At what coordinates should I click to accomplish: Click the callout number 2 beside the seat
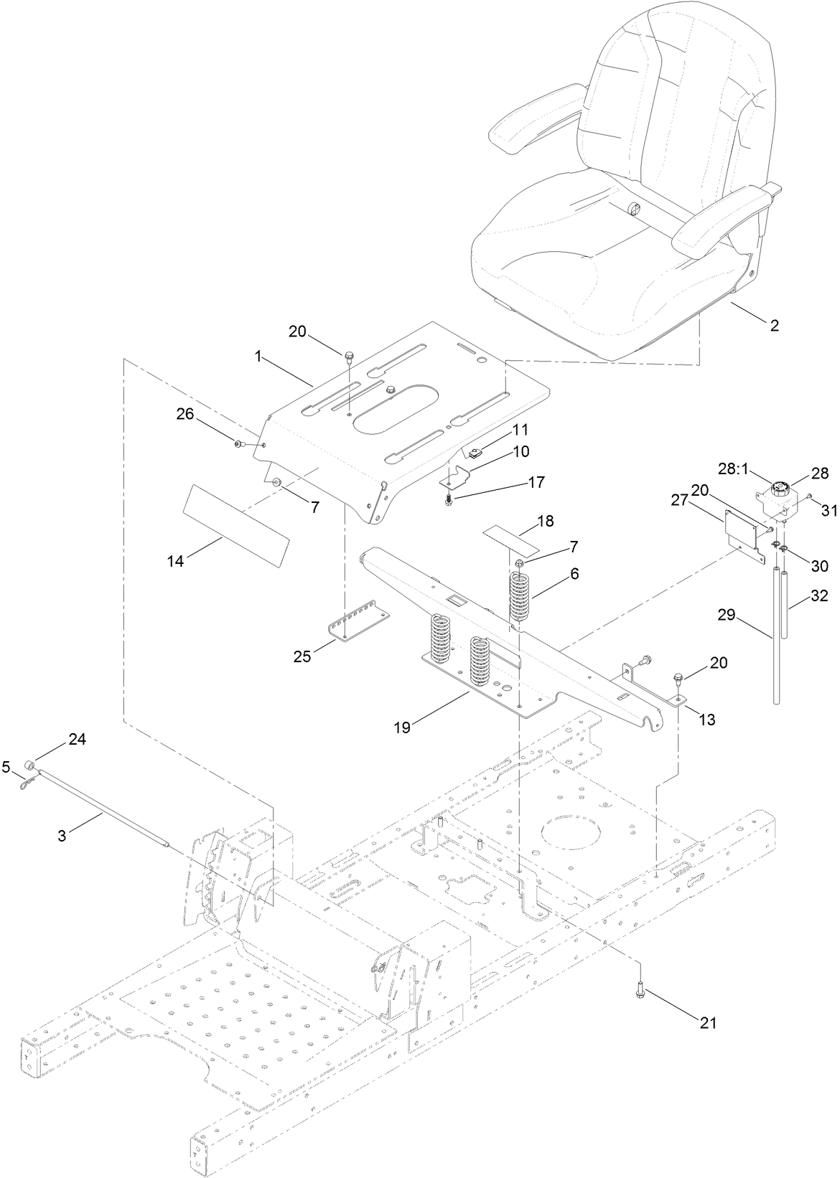pyautogui.click(x=774, y=325)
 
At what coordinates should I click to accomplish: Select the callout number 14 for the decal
pyautogui.click(x=176, y=561)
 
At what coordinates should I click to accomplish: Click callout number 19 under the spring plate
pyautogui.click(x=402, y=727)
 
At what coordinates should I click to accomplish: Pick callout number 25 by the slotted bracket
pyautogui.click(x=302, y=655)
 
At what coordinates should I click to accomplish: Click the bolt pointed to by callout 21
pyautogui.click(x=639, y=989)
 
